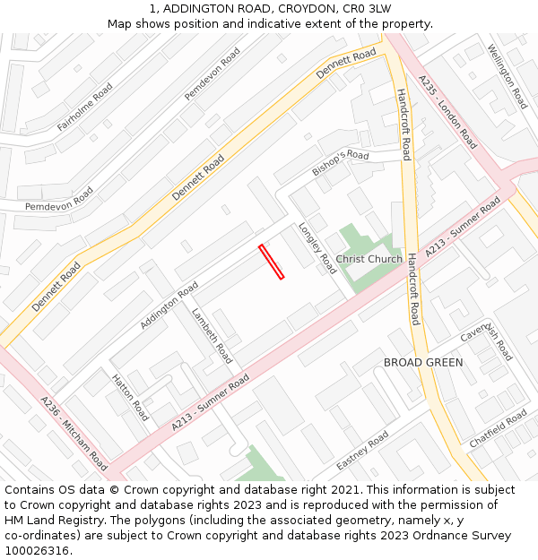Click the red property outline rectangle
coord(271,262)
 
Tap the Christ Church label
coord(369,259)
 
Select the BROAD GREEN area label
coord(423,362)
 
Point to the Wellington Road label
coord(508,77)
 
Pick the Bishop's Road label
coord(341,163)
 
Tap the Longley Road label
coord(317,248)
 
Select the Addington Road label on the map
coord(169,306)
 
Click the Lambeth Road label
coord(212,336)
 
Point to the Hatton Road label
coord(130,398)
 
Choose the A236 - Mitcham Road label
coord(74,434)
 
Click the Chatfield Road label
coord(499,429)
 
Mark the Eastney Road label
coord(362,451)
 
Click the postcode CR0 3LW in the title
coord(366,8)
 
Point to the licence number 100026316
coord(36,550)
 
